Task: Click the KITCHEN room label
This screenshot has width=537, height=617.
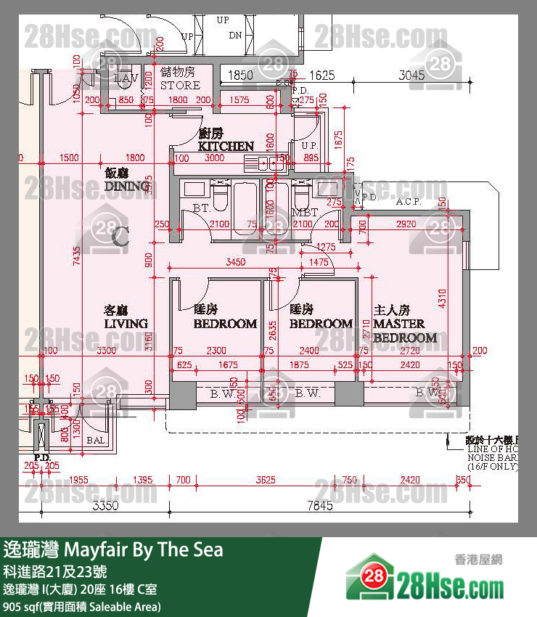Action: point(226,146)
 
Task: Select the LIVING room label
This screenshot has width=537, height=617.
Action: point(126,323)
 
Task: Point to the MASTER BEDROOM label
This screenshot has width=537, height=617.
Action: point(405,331)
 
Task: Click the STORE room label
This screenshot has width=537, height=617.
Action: point(179,84)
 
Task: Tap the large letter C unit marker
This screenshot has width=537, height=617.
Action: point(120,235)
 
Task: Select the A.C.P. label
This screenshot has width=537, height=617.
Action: point(409,202)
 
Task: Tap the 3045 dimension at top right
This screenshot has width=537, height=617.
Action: point(411,74)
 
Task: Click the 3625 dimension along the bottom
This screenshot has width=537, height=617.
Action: point(266,480)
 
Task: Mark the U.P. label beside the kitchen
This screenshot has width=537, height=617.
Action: point(310,145)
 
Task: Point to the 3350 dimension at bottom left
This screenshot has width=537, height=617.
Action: point(105,506)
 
